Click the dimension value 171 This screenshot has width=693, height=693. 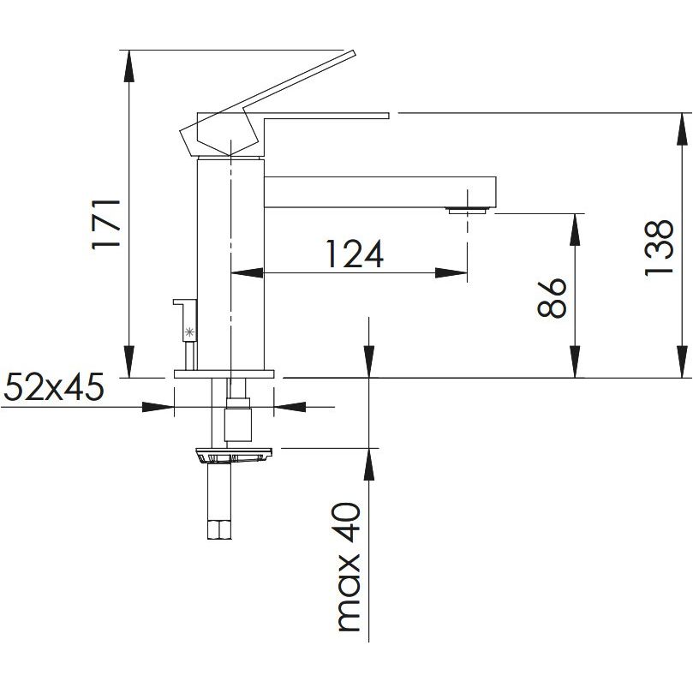(x=106, y=224)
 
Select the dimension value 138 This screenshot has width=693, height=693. (x=659, y=248)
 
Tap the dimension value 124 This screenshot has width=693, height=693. (x=355, y=254)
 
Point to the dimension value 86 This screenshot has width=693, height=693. (x=552, y=298)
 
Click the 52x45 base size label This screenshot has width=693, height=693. (x=54, y=386)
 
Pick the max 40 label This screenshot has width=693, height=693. (x=349, y=567)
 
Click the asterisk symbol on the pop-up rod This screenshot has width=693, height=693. (x=189, y=332)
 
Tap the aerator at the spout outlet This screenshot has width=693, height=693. (x=467, y=211)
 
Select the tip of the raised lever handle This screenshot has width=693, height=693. (x=354, y=53)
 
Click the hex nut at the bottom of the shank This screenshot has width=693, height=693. (x=219, y=530)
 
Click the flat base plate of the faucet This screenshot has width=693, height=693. (x=224, y=373)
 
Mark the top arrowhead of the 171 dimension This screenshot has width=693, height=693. (x=128, y=65)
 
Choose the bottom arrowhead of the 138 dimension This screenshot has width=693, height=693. (x=683, y=361)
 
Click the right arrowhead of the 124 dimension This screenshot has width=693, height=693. (x=451, y=273)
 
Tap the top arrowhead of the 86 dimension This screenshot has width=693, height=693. (x=575, y=230)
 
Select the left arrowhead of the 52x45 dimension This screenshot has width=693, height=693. (x=158, y=407)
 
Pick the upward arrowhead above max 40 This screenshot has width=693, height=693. (x=369, y=464)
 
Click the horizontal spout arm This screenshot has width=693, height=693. (x=380, y=192)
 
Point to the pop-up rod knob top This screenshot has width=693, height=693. (x=184, y=302)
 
